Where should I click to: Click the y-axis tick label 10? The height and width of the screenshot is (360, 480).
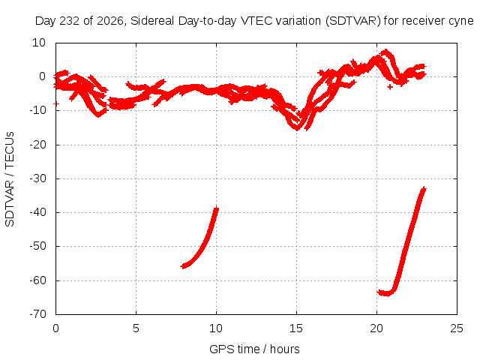[39, 43]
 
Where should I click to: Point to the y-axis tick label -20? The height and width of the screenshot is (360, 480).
[37, 145]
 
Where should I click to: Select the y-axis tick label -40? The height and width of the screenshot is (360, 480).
[37, 212]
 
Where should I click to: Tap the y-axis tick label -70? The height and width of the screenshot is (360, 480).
[37, 314]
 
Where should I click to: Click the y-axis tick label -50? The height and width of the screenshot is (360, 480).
[37, 246]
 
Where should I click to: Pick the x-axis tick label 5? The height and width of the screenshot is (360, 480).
[136, 328]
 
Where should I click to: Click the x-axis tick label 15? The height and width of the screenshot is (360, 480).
[296, 328]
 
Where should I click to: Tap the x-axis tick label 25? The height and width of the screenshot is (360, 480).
[457, 328]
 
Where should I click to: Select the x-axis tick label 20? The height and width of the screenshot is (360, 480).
[376, 328]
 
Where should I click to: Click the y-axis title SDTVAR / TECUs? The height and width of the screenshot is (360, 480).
[10, 179]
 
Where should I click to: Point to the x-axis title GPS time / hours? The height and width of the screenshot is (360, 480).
[254, 349]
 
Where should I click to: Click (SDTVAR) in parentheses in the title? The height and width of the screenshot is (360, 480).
[353, 21]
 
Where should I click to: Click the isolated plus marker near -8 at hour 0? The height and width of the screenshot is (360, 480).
[56, 103]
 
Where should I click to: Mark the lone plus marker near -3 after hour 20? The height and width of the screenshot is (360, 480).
[390, 87]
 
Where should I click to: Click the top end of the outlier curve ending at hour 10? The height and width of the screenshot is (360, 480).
[217, 208]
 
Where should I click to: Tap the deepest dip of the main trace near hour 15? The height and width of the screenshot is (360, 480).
[297, 128]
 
